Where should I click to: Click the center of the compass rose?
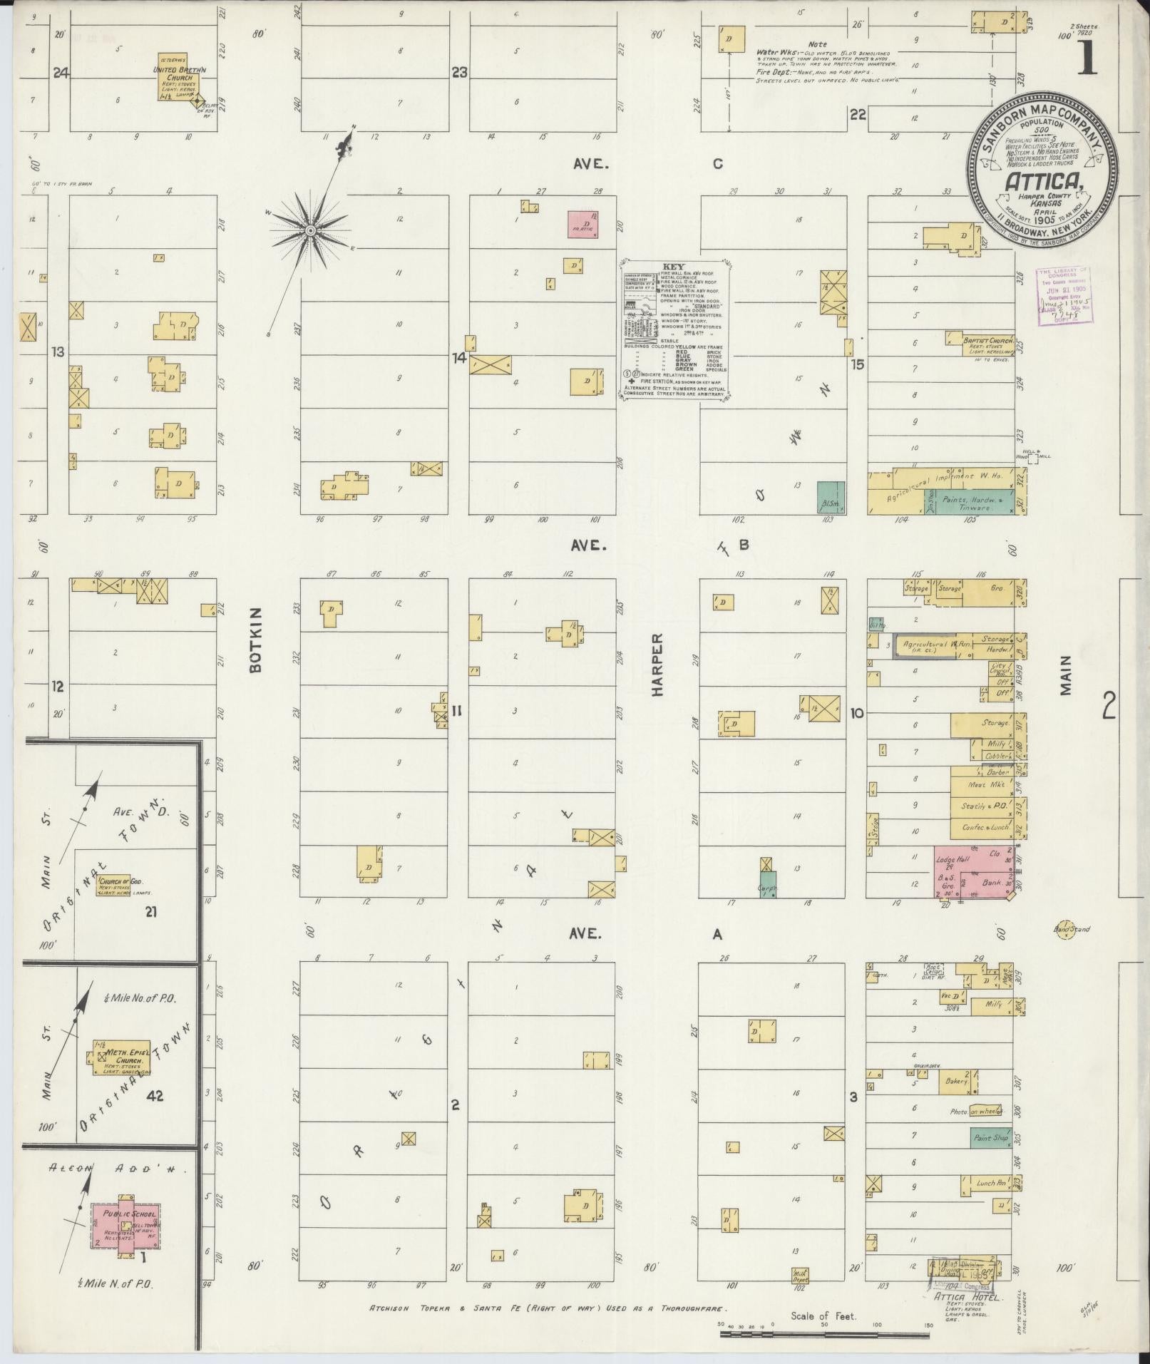(310, 230)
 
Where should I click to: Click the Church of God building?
(115, 885)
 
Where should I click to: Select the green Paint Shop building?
(990, 1138)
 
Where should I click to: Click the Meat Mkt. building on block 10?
(986, 784)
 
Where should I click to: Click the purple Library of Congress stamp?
(1063, 294)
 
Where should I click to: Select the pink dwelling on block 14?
(583, 224)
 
